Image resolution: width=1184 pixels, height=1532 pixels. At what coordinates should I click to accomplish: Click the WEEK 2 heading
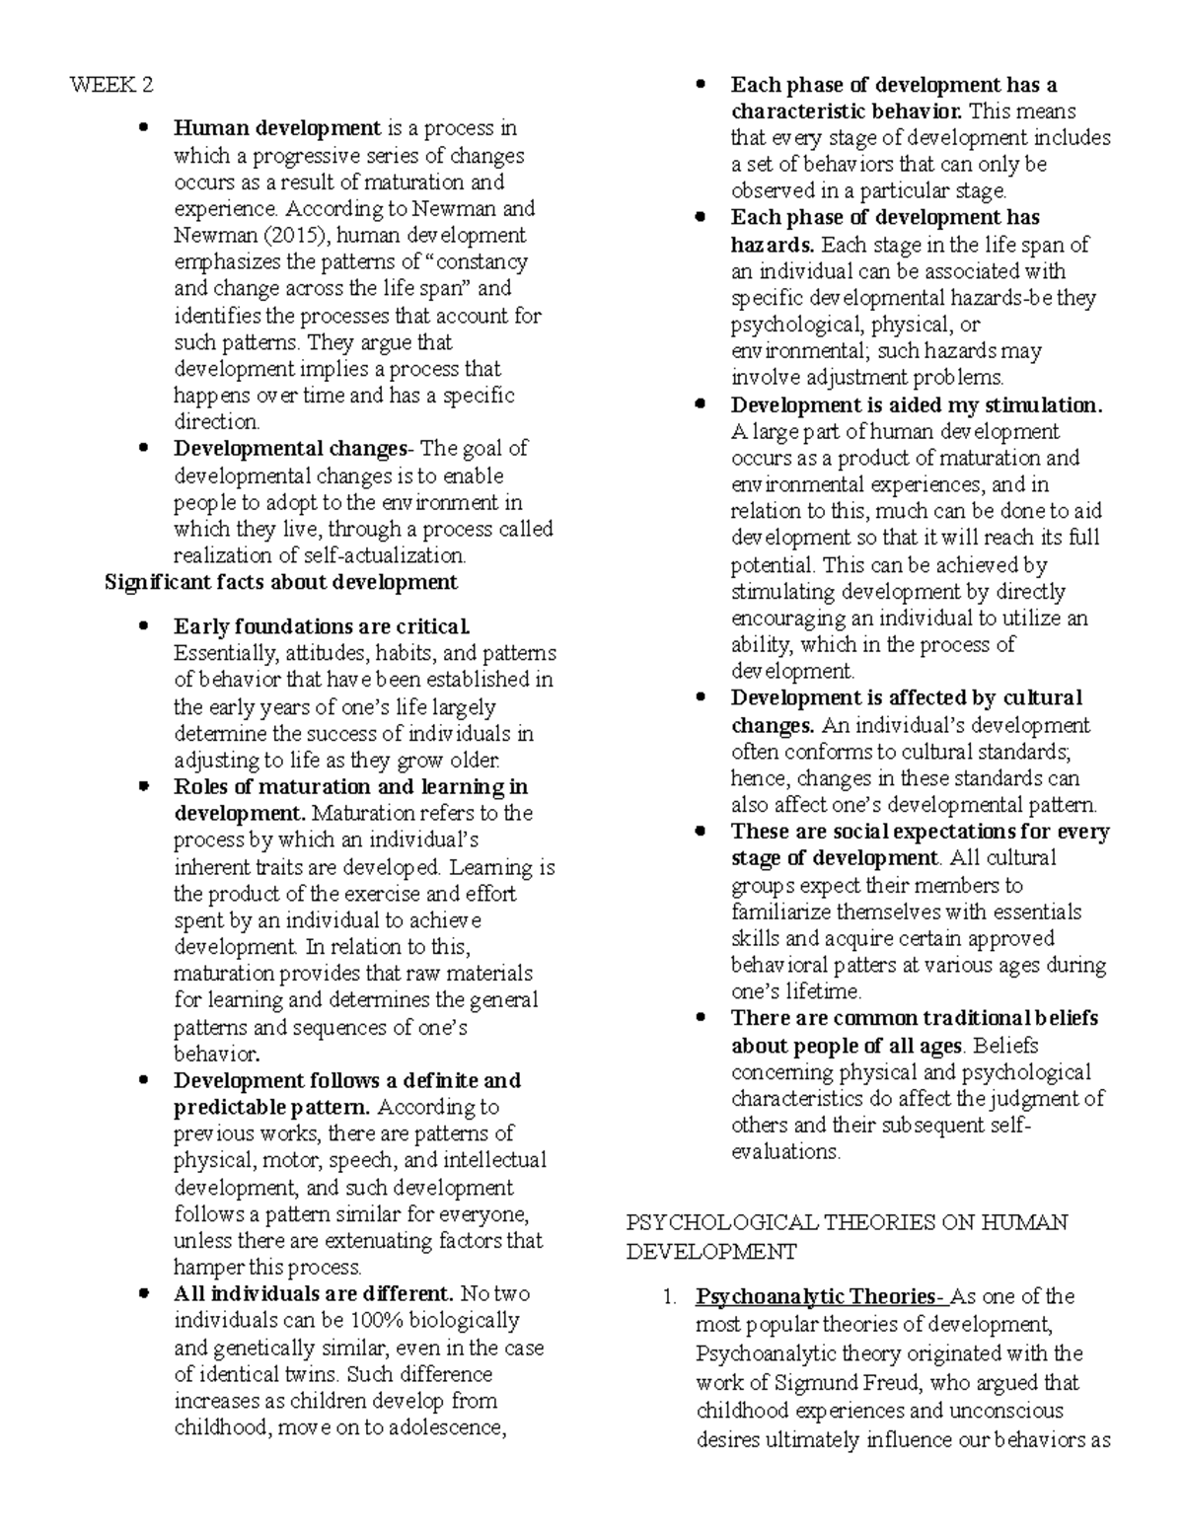pyautogui.click(x=111, y=86)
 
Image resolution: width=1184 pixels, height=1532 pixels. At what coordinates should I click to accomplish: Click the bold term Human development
pyautogui.click(x=276, y=128)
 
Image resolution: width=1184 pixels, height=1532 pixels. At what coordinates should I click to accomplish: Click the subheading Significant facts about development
pyautogui.click(x=280, y=583)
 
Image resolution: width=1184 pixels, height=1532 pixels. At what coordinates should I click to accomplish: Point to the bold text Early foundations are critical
pyautogui.click(x=322, y=627)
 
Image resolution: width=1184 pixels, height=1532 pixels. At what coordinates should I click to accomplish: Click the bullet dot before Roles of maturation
pyautogui.click(x=144, y=787)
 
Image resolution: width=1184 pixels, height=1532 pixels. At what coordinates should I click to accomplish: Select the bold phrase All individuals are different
pyautogui.click(x=313, y=1294)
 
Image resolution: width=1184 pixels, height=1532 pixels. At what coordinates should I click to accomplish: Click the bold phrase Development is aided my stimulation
pyautogui.click(x=916, y=405)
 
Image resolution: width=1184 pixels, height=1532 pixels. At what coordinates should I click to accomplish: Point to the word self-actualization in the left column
pyautogui.click(x=386, y=556)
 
